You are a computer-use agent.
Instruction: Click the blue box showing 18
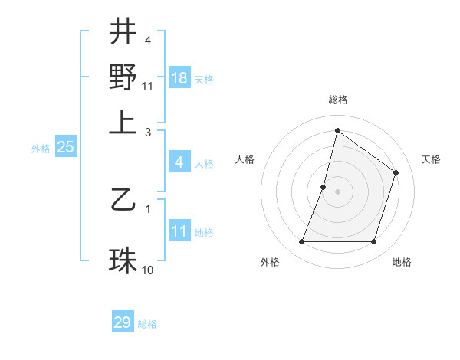179,78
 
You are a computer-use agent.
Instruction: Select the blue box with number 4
179,162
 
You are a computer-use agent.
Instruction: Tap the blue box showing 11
179,231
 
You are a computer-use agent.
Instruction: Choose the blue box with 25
65,147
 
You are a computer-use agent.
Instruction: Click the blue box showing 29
123,322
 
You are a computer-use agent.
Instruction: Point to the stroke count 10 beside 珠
148,270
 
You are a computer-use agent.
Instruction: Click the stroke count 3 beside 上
148,133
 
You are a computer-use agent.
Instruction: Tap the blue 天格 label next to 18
204,80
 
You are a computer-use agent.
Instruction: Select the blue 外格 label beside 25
40,149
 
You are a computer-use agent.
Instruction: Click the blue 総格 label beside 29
147,324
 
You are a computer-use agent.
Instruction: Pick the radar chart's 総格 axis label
337,100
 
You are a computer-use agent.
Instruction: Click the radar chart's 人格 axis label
245,159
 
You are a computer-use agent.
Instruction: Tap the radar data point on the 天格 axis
396,172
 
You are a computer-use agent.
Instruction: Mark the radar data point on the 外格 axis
301,242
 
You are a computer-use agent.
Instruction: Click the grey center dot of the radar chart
337,191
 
